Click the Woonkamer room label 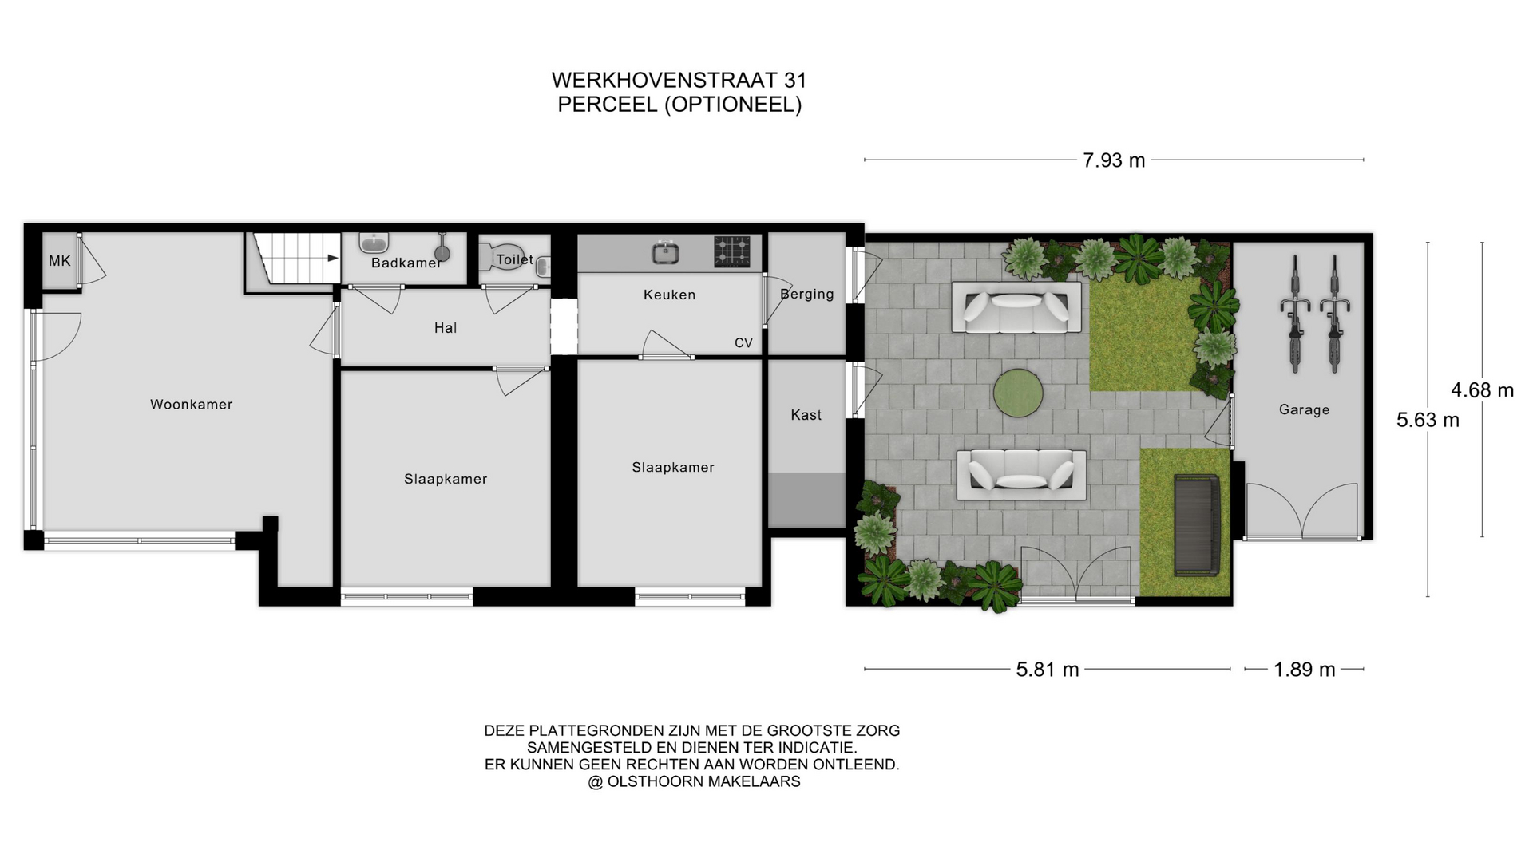coord(192,405)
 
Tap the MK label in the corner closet coord(60,261)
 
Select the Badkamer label coord(406,263)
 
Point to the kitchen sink coord(666,254)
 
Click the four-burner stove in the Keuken coord(732,251)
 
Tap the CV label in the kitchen coord(743,343)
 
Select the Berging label coord(807,294)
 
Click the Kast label coord(806,415)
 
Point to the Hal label coord(446,328)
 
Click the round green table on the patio coord(1018,393)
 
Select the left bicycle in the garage coord(1295,314)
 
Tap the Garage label coord(1305,410)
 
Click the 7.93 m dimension coord(1114,160)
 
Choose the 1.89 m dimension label coord(1305,670)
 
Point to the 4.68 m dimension coord(1483,390)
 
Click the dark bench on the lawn coord(1197,524)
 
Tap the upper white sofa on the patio coord(1016,307)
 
